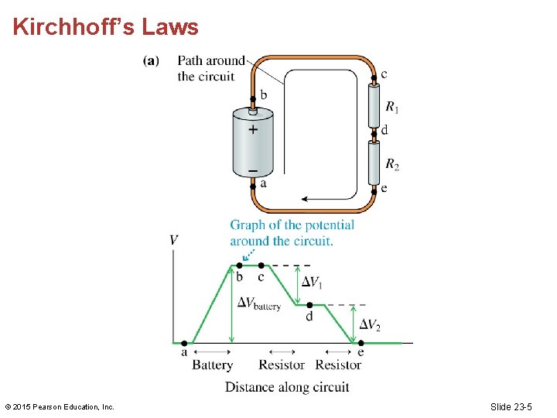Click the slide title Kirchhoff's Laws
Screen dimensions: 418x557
[x=106, y=28]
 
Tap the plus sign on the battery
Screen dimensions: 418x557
[x=253, y=130]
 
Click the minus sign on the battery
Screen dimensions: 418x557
[x=253, y=168]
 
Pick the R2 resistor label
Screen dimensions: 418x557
[x=393, y=164]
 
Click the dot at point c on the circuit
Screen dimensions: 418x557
[x=374, y=77]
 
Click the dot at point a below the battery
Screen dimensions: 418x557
[x=253, y=186]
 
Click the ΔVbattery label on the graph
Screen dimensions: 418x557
[x=259, y=303]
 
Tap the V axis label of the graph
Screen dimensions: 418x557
[x=174, y=240]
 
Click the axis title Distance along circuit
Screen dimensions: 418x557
[x=287, y=386]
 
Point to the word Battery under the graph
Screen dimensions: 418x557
[x=213, y=365]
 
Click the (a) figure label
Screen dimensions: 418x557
[x=152, y=61]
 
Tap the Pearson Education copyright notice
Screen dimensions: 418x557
[x=60, y=406]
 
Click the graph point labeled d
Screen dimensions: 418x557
[x=309, y=305]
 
